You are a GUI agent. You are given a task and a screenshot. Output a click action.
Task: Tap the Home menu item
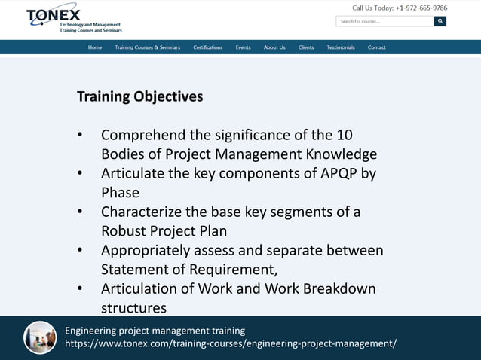click(95, 47)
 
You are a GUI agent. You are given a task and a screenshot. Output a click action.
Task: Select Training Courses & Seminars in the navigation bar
click(147, 47)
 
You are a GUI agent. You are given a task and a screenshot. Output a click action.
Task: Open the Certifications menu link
click(207, 47)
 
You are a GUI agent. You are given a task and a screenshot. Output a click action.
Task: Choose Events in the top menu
click(243, 47)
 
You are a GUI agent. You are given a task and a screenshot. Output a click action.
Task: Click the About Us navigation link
click(274, 47)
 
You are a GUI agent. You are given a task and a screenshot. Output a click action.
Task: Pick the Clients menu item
click(306, 47)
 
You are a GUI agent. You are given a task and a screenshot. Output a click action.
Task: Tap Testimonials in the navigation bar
click(341, 47)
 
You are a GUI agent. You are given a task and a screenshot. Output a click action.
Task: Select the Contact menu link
click(377, 47)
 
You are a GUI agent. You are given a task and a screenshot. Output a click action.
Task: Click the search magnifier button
click(440, 21)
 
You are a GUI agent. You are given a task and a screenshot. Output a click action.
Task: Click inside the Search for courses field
click(384, 21)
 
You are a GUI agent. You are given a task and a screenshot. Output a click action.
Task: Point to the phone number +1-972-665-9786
click(421, 8)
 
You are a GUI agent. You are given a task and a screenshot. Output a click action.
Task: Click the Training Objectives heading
click(139, 97)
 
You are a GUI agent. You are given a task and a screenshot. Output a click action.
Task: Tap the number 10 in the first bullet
click(344, 136)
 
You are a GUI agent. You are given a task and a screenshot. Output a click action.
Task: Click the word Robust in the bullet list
click(124, 231)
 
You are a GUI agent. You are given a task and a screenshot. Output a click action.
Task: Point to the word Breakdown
click(339, 288)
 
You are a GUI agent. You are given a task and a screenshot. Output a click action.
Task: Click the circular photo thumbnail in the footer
click(40, 337)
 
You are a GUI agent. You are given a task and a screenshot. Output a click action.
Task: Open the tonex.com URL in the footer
click(230, 344)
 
